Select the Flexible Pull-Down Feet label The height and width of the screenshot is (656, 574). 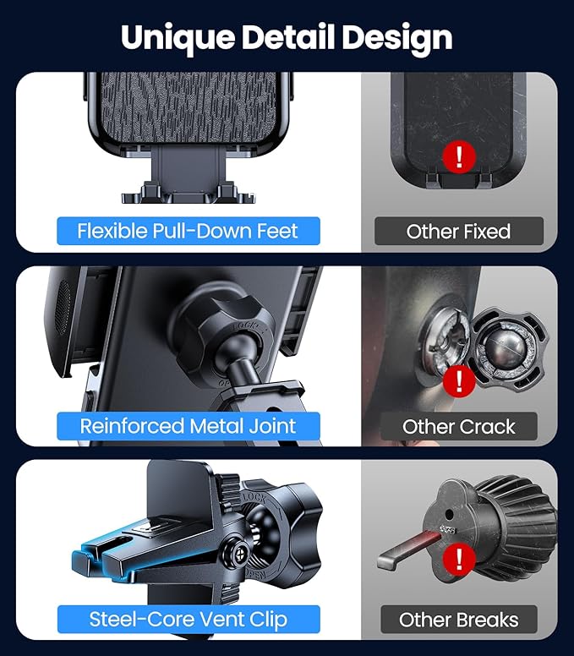pos(188,231)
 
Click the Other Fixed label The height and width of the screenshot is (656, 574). pos(458,231)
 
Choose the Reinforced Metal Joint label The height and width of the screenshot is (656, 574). pos(188,425)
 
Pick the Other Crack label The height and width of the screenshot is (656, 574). pos(458,426)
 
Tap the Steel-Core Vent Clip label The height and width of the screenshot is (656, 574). pos(188,619)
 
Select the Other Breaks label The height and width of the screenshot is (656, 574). pos(458,620)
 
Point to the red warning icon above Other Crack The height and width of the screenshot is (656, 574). pos(459,380)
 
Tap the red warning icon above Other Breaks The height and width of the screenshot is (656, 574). pos(459,559)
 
